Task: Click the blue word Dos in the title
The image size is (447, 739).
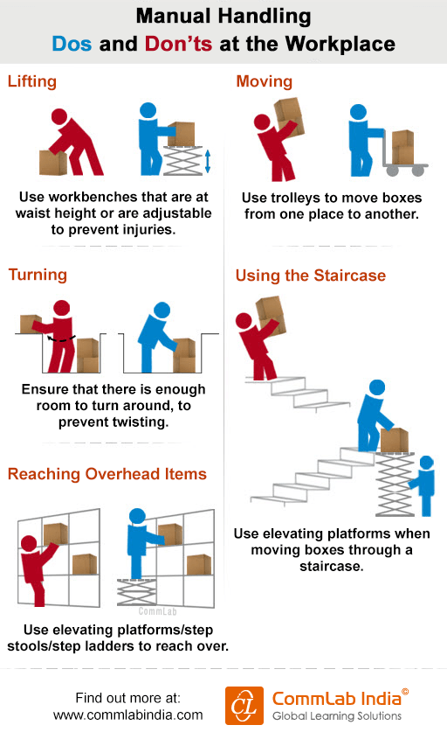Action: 72,44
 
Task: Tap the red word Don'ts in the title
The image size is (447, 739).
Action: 179,44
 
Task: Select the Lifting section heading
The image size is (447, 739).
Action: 32,81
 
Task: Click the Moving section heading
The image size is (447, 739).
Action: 265,81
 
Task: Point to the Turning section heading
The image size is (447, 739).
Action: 38,275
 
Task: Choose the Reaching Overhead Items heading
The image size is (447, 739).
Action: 107,474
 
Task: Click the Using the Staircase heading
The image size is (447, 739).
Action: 311,275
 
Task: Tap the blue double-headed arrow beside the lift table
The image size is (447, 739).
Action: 208,161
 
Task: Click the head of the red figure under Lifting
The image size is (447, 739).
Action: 59,117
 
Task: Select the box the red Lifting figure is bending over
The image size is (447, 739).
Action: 52,163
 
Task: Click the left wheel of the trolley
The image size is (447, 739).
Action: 392,171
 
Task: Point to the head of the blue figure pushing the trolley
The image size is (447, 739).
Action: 358,112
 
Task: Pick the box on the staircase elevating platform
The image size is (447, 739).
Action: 394,440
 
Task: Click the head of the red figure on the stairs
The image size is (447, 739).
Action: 244,321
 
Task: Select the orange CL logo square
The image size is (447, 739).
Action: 244,706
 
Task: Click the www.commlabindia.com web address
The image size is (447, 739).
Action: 128,715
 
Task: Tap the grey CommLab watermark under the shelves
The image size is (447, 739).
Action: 158,611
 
